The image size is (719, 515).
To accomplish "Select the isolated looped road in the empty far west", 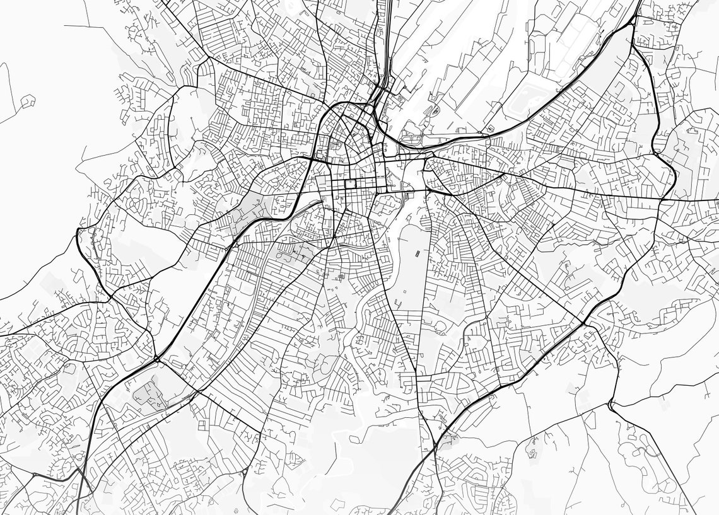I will [27, 101].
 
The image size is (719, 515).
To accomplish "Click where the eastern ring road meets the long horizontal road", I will [660, 200].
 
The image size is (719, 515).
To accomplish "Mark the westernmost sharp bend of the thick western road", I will [78, 234].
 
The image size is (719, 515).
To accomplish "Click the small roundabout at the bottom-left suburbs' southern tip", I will [78, 470].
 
